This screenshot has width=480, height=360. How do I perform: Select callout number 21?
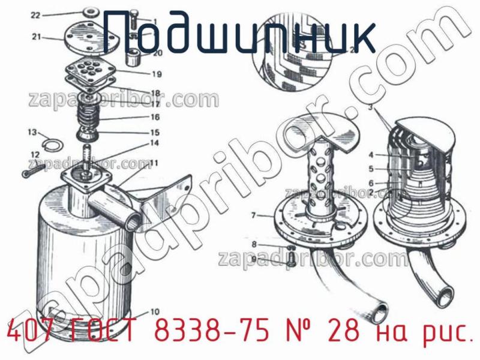pyautogui.click(x=36, y=37)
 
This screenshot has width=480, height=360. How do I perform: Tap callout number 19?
pyautogui.click(x=156, y=75)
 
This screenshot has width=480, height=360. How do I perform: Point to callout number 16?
pyautogui.click(x=155, y=118)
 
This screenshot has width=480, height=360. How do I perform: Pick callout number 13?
pyautogui.click(x=32, y=132)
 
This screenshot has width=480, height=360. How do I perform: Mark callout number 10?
pyautogui.click(x=155, y=311)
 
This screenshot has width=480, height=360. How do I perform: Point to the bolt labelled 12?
pyautogui.click(x=33, y=172)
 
